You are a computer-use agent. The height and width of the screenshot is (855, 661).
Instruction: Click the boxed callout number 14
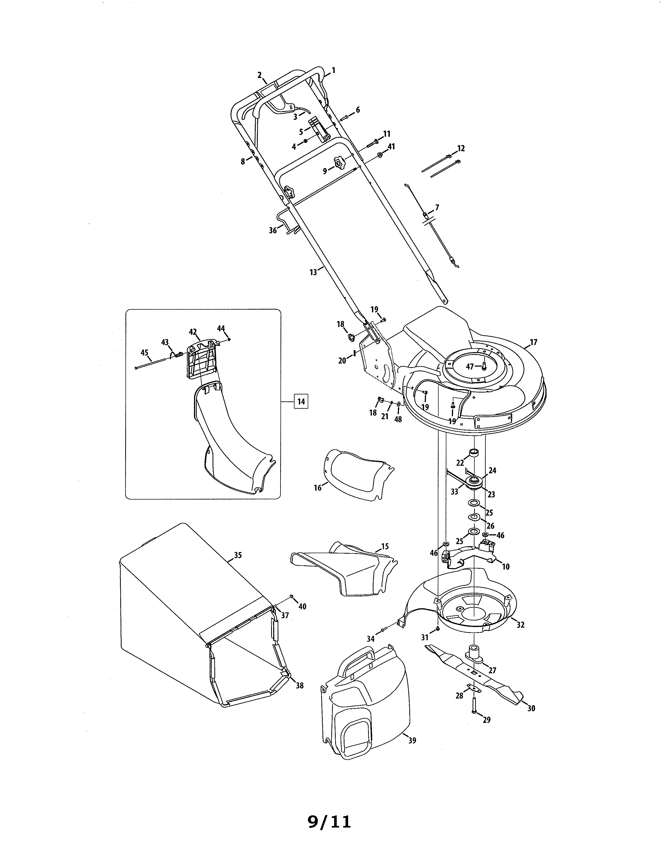(301, 401)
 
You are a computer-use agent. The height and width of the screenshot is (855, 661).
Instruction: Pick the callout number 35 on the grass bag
(238, 555)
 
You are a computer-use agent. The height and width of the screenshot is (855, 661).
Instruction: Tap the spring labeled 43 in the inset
(177, 355)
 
